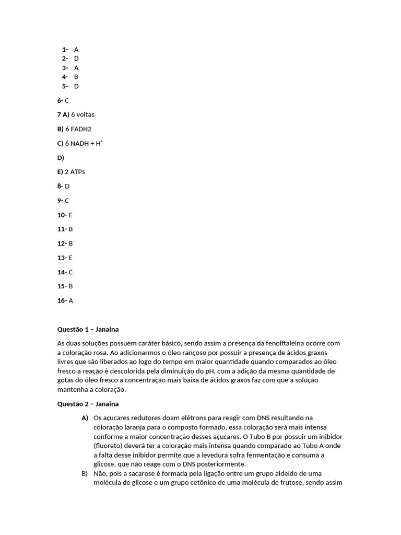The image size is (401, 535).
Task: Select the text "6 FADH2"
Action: coord(78,129)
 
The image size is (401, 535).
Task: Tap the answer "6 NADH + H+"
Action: coord(84,143)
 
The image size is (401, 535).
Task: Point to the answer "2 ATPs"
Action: coord(75,172)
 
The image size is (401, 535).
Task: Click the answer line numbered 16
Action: coord(65,300)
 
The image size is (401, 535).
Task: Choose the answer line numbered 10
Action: coord(65,215)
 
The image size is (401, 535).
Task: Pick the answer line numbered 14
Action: coord(65,272)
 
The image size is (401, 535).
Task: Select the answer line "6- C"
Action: coord(63,100)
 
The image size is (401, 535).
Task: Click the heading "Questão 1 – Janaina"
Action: coord(88,329)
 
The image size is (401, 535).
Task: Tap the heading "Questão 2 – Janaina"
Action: coord(88,404)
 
